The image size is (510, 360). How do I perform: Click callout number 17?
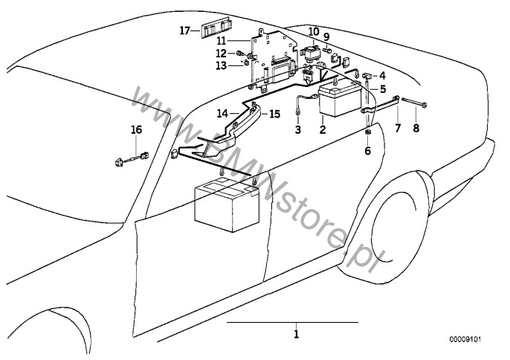(184, 31)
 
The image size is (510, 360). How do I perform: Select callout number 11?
(222, 41)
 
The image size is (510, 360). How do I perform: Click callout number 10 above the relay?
(314, 32)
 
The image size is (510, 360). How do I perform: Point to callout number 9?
(326, 37)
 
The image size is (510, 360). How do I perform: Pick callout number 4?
(382, 76)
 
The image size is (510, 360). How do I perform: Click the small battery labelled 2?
(340, 98)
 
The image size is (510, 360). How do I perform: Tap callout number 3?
(298, 130)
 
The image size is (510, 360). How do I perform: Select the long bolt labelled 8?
(414, 102)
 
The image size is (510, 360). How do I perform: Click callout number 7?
(398, 128)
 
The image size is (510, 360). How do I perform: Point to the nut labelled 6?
(367, 132)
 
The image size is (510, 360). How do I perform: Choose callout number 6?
(367, 151)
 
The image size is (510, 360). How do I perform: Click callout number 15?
(274, 115)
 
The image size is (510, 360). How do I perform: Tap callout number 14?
(223, 114)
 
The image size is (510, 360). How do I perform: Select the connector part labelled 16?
(132, 158)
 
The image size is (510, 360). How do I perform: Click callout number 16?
(137, 130)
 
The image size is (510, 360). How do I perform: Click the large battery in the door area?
(227, 205)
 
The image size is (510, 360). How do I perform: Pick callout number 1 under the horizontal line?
(296, 334)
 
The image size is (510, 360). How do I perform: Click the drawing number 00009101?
(465, 339)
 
